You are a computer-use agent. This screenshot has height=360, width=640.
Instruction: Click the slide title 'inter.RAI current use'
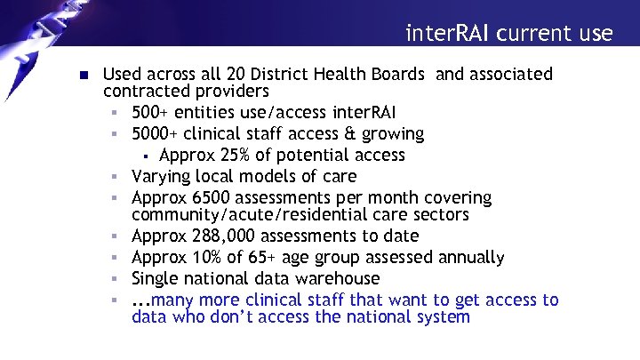tap(508, 34)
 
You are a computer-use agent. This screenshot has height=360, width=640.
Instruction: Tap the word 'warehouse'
tap(331, 279)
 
